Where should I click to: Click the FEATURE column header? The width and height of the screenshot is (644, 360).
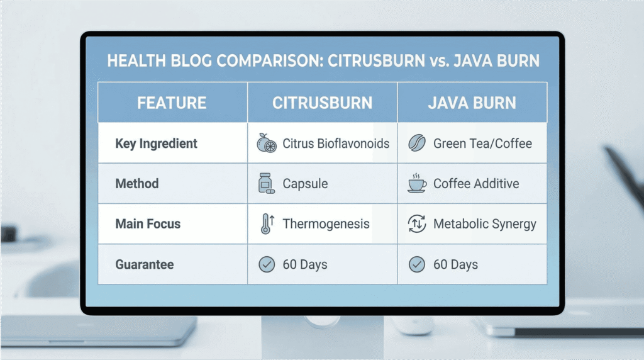[172, 103]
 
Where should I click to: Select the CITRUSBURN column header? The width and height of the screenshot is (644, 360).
[322, 103]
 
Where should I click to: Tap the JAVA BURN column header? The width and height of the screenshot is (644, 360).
[472, 103]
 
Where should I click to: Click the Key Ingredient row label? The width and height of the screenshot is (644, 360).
[156, 143]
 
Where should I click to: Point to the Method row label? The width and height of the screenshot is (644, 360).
[137, 184]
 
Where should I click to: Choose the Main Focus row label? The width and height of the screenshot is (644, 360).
[148, 224]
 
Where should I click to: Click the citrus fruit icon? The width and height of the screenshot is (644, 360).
[267, 143]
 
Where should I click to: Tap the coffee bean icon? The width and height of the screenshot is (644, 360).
[417, 143]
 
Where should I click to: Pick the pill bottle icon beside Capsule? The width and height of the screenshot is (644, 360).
[267, 184]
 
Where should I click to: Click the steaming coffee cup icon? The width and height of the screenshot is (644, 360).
[417, 183]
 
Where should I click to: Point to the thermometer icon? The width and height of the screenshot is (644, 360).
[266, 224]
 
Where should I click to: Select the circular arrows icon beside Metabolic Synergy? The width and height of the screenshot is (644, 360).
[417, 224]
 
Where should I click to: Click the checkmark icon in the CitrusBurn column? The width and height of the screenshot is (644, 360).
[267, 264]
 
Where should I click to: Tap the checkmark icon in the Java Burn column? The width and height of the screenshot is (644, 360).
[417, 264]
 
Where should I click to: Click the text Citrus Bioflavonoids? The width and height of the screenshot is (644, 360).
[336, 143]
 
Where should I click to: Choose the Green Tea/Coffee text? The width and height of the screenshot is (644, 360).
[482, 143]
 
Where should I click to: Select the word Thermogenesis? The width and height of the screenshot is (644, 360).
[326, 224]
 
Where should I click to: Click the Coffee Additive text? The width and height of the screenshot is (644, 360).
[476, 184]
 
